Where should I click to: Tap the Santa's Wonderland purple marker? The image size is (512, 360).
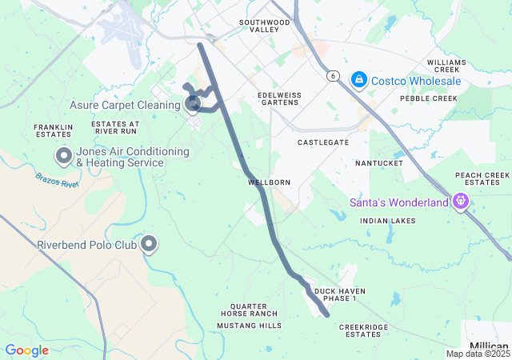(459, 202)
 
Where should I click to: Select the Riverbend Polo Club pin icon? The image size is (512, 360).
(148, 243)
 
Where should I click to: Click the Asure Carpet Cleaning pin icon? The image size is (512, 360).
(193, 103)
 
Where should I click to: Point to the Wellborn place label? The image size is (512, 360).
(269, 182)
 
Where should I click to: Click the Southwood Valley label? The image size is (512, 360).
(264, 26)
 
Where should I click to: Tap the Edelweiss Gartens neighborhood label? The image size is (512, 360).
(279, 99)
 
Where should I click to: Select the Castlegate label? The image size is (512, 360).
(323, 142)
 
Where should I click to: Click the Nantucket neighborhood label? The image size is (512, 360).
(379, 163)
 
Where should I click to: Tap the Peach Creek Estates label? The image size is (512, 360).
(482, 178)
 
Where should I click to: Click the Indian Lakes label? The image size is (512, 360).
(388, 220)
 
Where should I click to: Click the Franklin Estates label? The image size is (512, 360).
(54, 131)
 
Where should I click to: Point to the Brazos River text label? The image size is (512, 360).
(57, 179)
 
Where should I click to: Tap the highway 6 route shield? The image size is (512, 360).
(331, 75)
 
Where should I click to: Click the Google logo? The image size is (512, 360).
(26, 350)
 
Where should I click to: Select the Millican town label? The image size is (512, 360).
(490, 346)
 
